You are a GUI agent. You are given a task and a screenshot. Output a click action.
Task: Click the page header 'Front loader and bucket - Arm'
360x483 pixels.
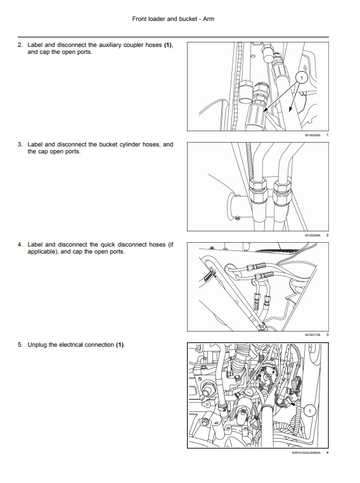(x=173, y=19)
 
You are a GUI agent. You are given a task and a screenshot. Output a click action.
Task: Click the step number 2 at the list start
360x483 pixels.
(x=20, y=45)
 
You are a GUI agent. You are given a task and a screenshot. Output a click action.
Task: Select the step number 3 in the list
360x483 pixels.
(x=20, y=145)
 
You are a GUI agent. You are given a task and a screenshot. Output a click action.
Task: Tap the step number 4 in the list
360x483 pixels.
(x=20, y=245)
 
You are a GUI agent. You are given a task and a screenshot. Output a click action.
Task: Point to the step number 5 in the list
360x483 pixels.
(x=20, y=345)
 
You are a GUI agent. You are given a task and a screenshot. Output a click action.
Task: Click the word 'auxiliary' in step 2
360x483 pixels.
(x=110, y=45)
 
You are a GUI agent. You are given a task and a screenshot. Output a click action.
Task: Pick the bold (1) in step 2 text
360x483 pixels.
(x=168, y=45)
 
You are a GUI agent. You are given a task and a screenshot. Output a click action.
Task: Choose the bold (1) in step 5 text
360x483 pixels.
(x=120, y=345)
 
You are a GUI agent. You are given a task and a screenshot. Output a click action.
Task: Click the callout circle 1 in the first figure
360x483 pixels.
(x=302, y=77)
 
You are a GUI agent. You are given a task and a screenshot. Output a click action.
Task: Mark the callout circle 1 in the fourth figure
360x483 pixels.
(x=310, y=410)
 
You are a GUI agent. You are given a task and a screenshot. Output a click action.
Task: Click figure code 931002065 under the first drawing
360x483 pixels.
(x=312, y=135)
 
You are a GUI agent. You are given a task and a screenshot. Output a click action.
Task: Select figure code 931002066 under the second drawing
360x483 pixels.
(x=312, y=235)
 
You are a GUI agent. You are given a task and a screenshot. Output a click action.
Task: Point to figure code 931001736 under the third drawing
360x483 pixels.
(x=312, y=335)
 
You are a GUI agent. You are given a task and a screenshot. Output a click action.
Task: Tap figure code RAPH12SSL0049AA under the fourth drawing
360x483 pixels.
(x=306, y=453)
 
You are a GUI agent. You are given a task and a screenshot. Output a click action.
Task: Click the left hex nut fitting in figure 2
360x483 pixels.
(x=257, y=190)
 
